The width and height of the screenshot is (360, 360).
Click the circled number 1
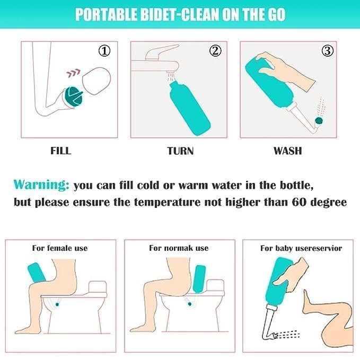[x=106, y=51]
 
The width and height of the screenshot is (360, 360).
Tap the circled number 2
[x=215, y=51]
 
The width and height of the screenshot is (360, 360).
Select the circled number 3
[x=328, y=51]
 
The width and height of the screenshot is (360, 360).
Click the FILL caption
[x=60, y=151]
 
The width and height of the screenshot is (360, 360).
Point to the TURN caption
[x=180, y=151]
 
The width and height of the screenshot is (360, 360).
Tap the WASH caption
[x=287, y=151]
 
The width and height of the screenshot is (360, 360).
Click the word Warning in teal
[x=41, y=185]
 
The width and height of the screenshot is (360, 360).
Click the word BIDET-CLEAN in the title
[x=164, y=14]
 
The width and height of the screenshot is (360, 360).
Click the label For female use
[x=60, y=248]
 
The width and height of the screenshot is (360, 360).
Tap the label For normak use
[x=179, y=248]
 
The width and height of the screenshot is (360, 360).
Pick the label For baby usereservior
[x=301, y=248]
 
